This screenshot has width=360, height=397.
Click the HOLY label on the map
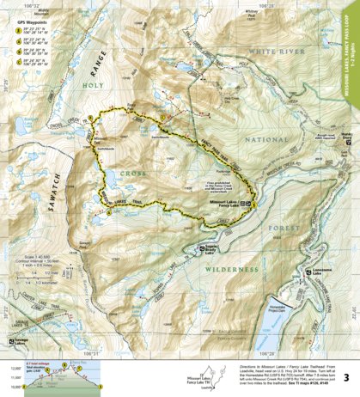point(92,84)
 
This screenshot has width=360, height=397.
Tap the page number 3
point(345,377)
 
